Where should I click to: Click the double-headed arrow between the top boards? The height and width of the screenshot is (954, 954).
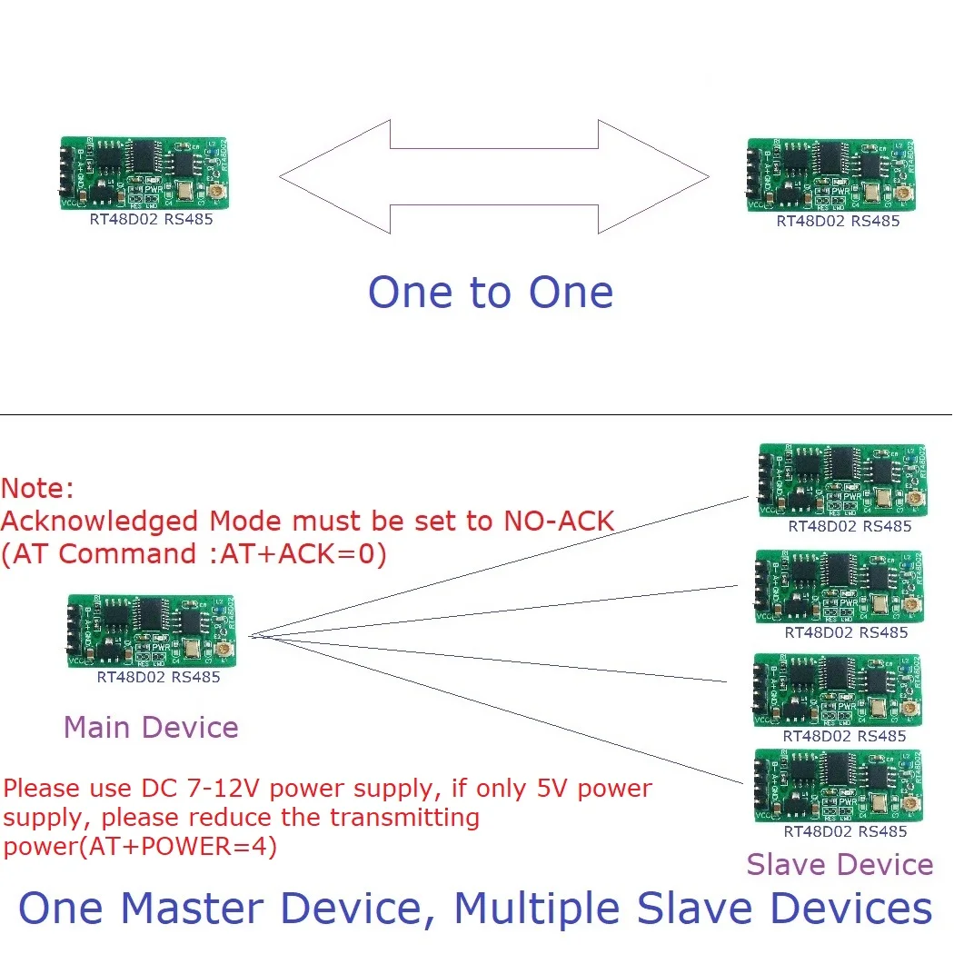(x=493, y=177)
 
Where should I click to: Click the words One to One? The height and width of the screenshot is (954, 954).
(x=491, y=293)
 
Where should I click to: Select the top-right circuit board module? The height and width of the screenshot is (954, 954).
(x=830, y=174)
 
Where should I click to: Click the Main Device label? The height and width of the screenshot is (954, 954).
(x=151, y=727)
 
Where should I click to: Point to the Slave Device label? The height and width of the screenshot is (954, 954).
(x=840, y=864)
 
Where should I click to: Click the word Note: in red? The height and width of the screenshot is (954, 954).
(x=38, y=489)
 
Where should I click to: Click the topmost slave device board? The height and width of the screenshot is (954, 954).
(x=840, y=480)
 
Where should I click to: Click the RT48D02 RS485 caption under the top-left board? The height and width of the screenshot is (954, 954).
(x=150, y=219)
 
